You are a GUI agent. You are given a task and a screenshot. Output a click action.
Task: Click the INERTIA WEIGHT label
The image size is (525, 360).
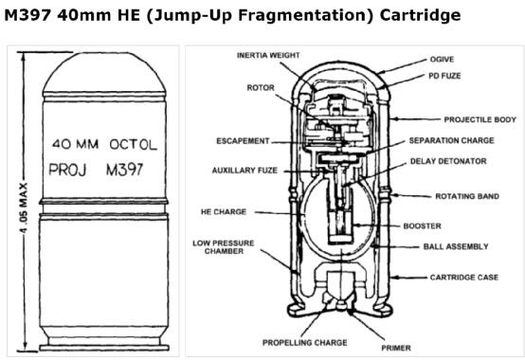[268, 55]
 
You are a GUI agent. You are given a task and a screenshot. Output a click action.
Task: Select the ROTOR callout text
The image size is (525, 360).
[261, 88]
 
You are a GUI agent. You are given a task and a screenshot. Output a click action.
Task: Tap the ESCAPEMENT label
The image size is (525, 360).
[243, 141]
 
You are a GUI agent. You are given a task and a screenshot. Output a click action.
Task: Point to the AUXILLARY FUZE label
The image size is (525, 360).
[244, 171]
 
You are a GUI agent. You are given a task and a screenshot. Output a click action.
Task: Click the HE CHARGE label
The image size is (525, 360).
[224, 212]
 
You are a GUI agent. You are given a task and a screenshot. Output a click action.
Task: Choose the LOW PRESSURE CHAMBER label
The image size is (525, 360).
[224, 247]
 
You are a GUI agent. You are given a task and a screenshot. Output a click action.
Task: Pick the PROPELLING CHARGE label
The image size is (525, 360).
[305, 343]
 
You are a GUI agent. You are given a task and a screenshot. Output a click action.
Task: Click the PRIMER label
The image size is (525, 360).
[396, 348]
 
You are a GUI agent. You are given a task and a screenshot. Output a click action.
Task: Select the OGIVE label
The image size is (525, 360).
[442, 60]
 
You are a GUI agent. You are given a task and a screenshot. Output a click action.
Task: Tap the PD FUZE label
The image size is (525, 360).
[444, 76]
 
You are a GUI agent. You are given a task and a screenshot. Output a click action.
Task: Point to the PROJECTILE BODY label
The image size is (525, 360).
[480, 119]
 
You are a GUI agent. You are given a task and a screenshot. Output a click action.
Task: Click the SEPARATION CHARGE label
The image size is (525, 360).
[451, 140]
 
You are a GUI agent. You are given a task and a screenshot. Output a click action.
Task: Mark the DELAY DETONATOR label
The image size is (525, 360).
[448, 161]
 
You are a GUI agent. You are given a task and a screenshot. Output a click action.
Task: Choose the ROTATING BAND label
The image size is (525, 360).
[467, 196]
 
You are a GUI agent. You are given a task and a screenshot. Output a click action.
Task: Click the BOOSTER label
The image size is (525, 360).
[423, 225]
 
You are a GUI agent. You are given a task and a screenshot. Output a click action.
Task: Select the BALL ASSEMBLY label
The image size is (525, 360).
[456, 246]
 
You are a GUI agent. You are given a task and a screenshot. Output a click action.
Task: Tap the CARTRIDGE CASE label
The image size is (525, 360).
[464, 277]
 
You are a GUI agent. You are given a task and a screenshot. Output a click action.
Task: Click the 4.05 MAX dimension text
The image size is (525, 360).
[25, 207]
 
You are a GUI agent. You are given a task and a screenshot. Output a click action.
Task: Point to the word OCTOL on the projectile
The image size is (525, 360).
[134, 145]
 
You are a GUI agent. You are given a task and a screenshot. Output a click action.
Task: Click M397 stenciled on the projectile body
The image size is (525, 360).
[124, 170]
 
